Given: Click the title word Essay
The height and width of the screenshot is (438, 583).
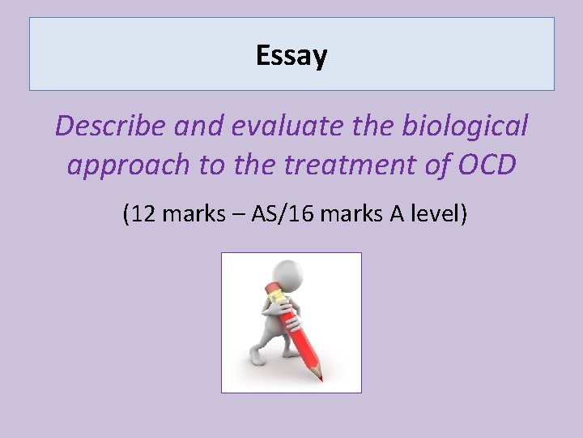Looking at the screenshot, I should click(x=291, y=55).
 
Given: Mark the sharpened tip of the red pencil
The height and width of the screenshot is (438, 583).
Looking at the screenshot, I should click(x=320, y=377).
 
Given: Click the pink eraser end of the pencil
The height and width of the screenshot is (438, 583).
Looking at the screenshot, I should click(x=271, y=290).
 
